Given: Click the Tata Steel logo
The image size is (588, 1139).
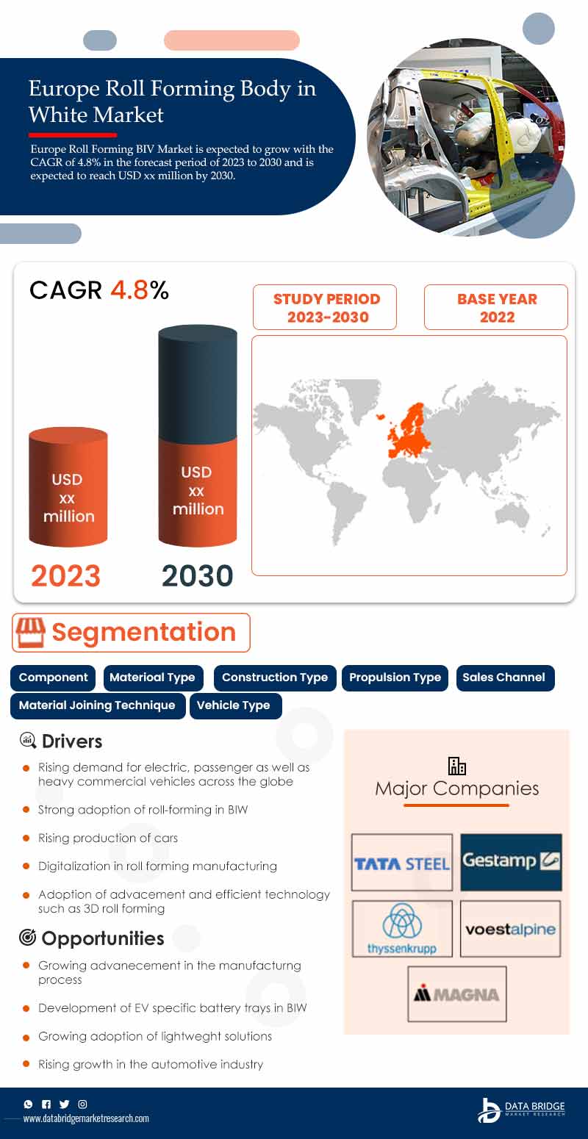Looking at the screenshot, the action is click(x=402, y=863).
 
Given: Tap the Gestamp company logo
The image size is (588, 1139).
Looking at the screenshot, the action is click(x=512, y=862).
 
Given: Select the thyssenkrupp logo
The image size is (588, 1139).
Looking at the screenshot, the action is click(x=402, y=929).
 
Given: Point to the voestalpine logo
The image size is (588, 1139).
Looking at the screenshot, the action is click(x=511, y=929).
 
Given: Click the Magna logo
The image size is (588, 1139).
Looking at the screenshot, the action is click(x=456, y=994).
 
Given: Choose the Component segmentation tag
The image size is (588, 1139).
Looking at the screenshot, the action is click(x=53, y=678).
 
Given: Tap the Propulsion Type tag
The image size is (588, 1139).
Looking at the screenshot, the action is click(x=395, y=678).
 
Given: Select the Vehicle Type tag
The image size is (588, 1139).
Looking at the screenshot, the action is click(x=235, y=705).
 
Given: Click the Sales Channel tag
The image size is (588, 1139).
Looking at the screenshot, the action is click(x=505, y=678).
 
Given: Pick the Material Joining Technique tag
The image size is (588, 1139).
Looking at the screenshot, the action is click(x=98, y=705).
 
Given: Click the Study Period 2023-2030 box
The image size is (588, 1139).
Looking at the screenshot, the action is click(x=325, y=307).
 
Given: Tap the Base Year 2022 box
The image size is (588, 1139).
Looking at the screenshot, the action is click(x=496, y=307).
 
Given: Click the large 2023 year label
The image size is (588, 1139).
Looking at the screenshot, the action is click(x=65, y=575).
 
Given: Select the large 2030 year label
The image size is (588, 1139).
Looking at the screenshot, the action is click(x=198, y=575).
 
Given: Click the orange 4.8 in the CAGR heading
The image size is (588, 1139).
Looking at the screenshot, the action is click(x=129, y=290).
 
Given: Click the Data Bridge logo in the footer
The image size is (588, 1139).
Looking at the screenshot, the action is click(x=521, y=1110).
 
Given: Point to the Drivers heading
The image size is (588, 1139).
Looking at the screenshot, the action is click(x=72, y=741).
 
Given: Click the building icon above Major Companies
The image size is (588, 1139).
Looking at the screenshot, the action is click(x=456, y=766).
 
